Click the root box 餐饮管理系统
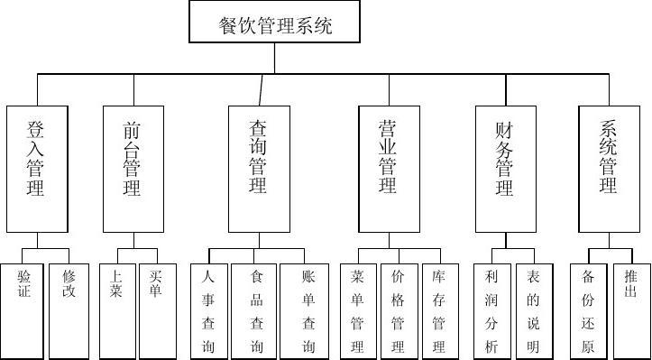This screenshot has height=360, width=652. [275, 23]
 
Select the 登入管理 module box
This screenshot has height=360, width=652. [36, 169]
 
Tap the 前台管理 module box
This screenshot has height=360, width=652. [132, 169]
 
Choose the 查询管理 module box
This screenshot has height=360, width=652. [259, 169]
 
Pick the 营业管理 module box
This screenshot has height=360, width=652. [388, 169]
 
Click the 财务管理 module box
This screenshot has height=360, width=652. [505, 169]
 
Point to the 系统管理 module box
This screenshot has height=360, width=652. [609, 169]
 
